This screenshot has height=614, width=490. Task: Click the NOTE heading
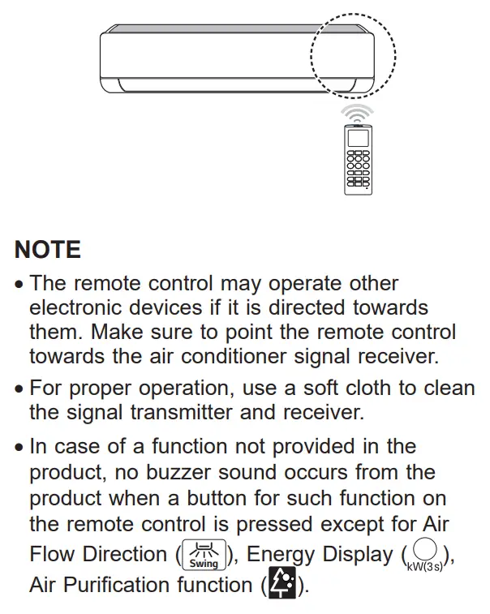(49, 249)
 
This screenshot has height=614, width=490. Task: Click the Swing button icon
(204, 556)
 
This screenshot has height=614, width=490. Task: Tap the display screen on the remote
(358, 137)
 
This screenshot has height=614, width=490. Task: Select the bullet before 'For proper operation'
(20, 388)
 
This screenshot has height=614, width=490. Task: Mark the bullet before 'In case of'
(20, 448)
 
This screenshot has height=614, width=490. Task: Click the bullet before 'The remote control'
(20, 286)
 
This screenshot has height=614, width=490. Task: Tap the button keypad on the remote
(358, 170)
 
